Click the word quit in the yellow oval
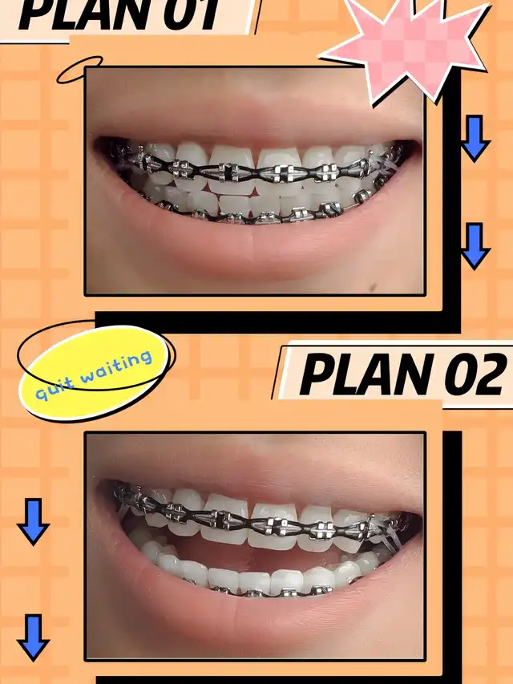pyautogui.click(x=52, y=388)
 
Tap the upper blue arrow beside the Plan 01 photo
pyautogui.click(x=475, y=138)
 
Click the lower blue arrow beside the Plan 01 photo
pyautogui.click(x=475, y=245)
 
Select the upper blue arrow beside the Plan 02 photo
pyautogui.click(x=33, y=521)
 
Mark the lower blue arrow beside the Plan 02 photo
pyautogui.click(x=33, y=637)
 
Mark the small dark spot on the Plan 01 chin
pyautogui.click(x=373, y=287)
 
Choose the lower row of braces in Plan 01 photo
pyautogui.click(x=266, y=212)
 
